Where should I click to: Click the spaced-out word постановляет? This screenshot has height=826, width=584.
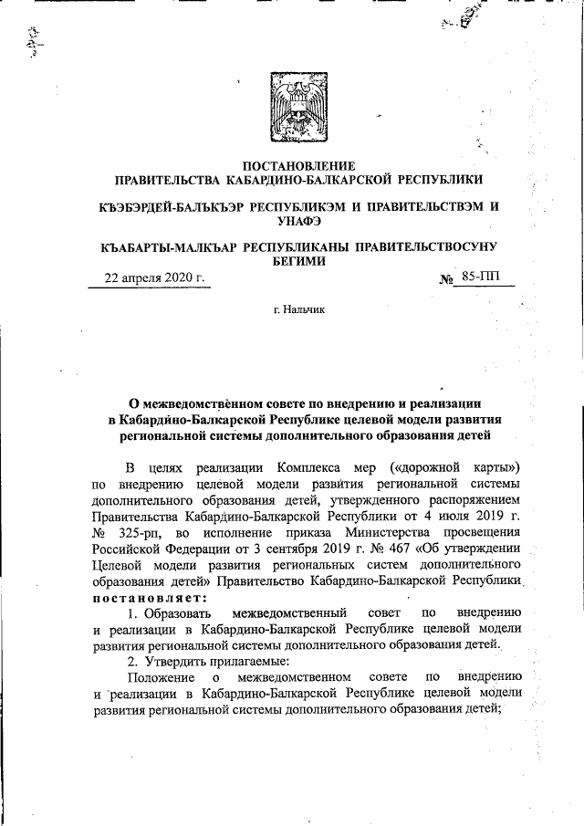[x=149, y=597]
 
